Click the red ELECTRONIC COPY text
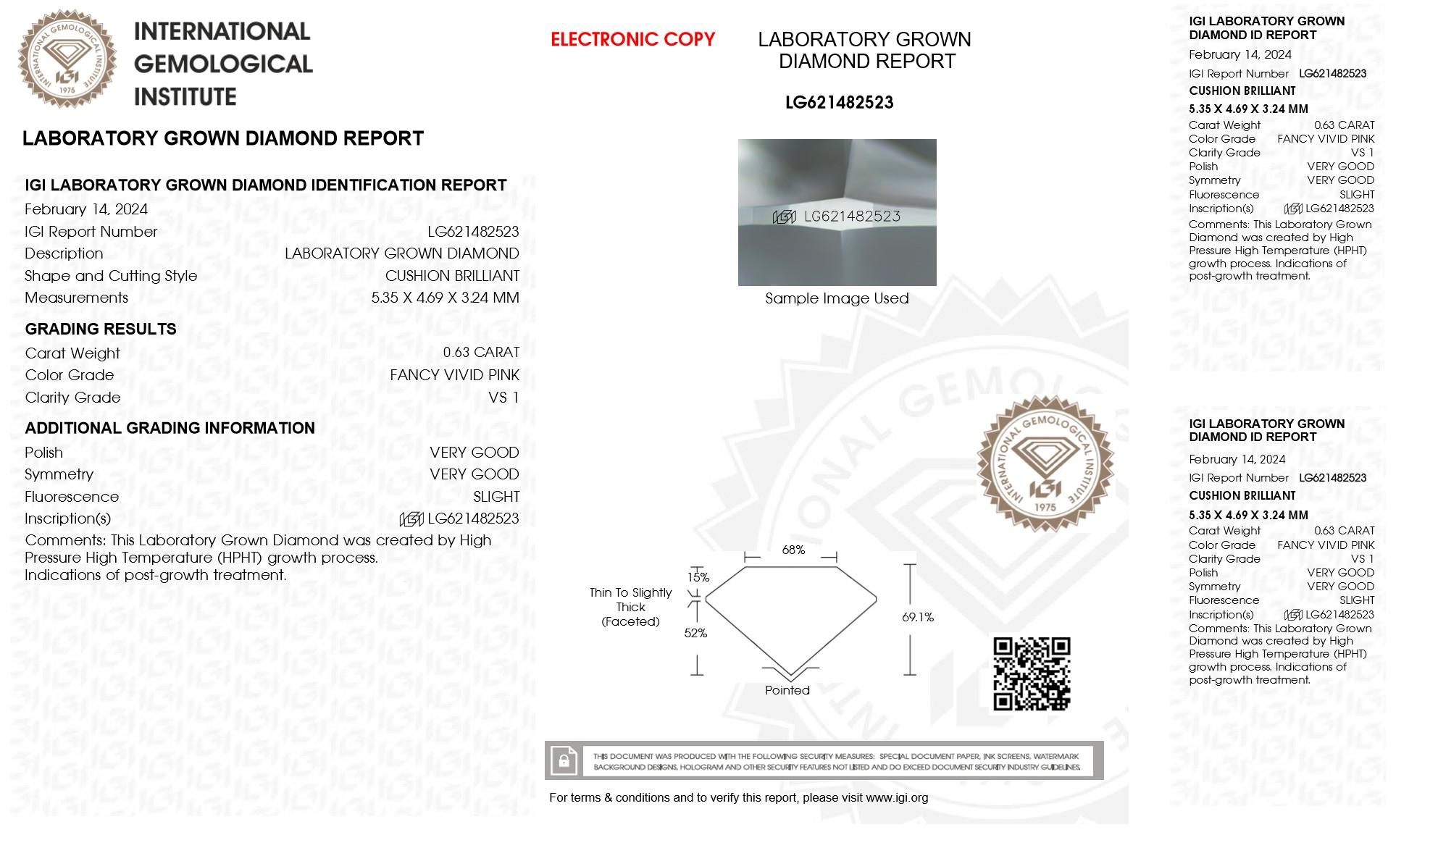[632, 39]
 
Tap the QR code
[1031, 673]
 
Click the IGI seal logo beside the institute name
[67, 59]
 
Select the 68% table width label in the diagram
[793, 550]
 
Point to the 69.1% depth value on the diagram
[917, 617]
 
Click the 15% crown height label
[698, 577]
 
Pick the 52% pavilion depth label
[695, 633]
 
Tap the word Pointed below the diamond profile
[787, 690]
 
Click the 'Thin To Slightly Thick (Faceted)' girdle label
[630, 607]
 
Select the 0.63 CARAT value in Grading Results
[481, 353]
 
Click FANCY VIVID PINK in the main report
[454, 375]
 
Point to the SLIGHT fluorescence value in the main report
[496, 497]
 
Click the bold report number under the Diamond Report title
[839, 103]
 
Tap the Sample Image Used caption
[836, 298]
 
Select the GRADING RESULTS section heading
[101, 329]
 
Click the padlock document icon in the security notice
[563, 760]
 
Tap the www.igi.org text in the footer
[896, 797]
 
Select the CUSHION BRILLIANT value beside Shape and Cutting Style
[452, 276]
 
